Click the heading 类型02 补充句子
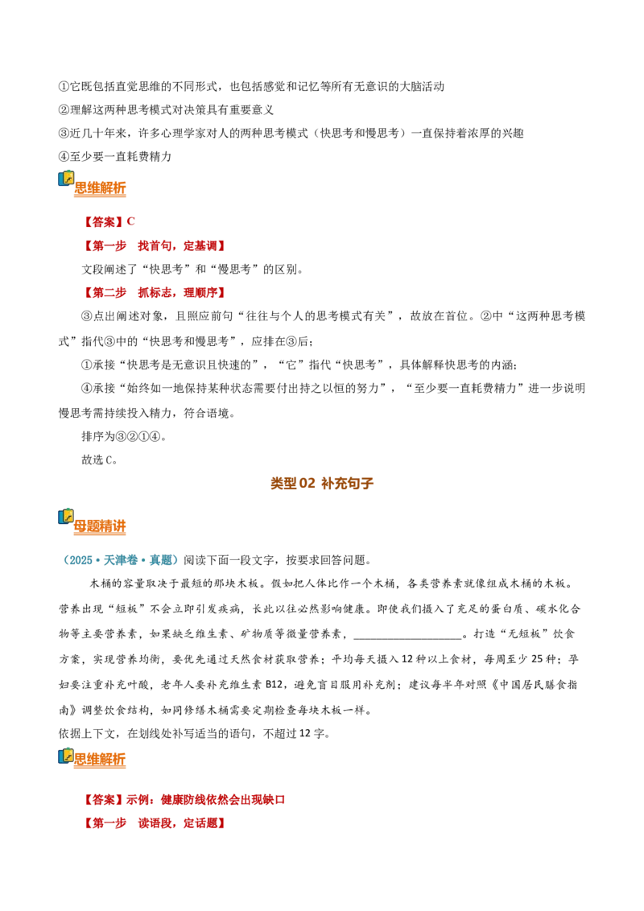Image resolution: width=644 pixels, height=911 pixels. point(322,484)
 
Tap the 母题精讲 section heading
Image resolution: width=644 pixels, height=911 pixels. point(100,526)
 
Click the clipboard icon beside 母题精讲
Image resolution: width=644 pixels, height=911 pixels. point(66,517)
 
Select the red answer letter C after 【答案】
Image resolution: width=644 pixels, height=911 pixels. point(130,221)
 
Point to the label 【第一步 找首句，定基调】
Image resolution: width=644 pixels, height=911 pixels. point(154,245)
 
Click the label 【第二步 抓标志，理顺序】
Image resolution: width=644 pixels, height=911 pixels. point(154,292)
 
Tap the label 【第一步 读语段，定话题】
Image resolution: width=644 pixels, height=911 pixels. point(154,823)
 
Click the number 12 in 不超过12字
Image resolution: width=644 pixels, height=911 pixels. point(305,733)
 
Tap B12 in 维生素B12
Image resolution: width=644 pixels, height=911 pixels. point(275,684)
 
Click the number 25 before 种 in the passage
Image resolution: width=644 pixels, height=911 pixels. point(539,659)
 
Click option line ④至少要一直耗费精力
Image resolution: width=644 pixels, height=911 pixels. point(115,156)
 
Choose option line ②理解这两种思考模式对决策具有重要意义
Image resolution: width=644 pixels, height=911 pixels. point(166,109)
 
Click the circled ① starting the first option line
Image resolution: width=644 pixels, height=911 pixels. point(64,87)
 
